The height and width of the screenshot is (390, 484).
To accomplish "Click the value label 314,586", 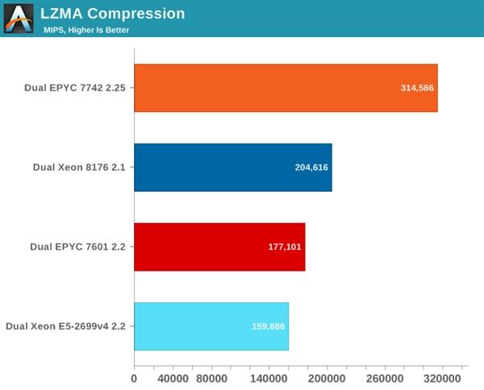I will [x=417, y=88].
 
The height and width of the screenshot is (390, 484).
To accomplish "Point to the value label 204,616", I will [x=311, y=167].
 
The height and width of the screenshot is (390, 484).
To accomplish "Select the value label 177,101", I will [x=285, y=247].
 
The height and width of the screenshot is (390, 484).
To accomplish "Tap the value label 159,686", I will [x=268, y=326].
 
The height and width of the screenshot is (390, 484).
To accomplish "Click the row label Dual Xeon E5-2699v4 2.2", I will [x=65, y=326].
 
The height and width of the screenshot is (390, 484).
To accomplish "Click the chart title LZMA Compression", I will [x=113, y=14].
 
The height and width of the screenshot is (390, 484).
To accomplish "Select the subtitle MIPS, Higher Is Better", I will [x=86, y=30].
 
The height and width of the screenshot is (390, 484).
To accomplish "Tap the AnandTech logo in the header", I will [x=19, y=18].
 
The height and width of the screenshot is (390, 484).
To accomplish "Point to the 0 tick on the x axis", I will [x=134, y=377].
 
